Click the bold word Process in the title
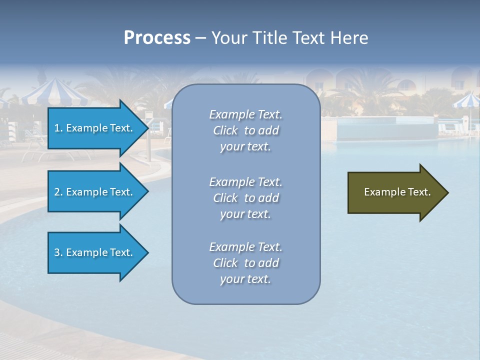157,38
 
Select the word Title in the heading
269,38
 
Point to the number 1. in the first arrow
58,128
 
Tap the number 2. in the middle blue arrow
58,192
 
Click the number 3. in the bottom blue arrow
58,252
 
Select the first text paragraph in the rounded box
245,130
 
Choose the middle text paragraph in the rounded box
245,198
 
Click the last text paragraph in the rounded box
245,263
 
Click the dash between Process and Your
200,38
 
